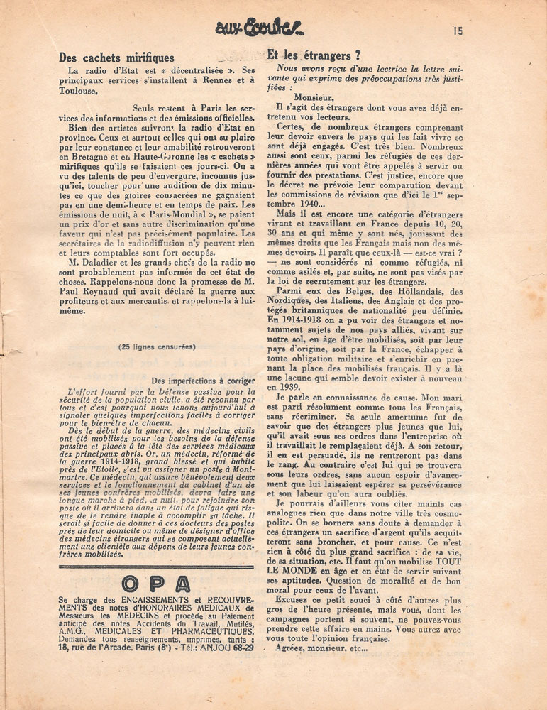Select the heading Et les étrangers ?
point(309,54)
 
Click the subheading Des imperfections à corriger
point(203,381)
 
